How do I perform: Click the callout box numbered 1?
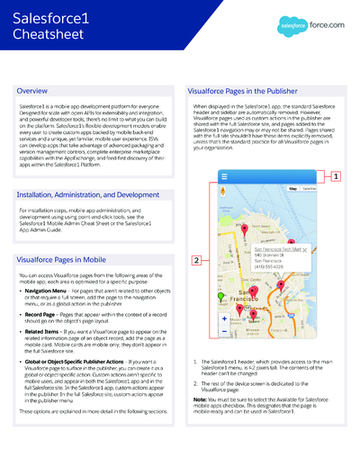coord(336,177)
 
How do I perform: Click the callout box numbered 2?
coord(196,261)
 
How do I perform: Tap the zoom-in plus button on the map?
coord(224,318)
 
